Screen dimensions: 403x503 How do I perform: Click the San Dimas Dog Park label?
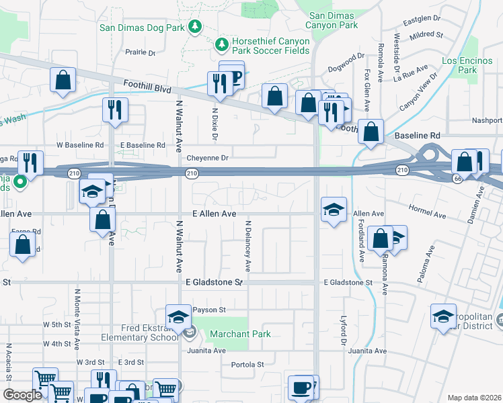click(142, 28)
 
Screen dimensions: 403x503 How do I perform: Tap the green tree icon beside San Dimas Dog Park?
click(196, 26)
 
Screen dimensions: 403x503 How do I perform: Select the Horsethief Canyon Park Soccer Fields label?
click(271, 46)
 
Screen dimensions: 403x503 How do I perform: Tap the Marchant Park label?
click(240, 334)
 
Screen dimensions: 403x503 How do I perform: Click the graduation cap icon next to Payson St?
click(178, 318)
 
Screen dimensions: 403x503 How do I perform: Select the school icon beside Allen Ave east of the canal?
click(334, 210)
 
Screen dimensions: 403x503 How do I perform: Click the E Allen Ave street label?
click(214, 214)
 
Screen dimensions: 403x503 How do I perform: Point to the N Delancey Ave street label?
click(247, 246)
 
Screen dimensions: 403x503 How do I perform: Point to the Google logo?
click(22, 395)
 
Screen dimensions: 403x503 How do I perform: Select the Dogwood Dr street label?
click(346, 68)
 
